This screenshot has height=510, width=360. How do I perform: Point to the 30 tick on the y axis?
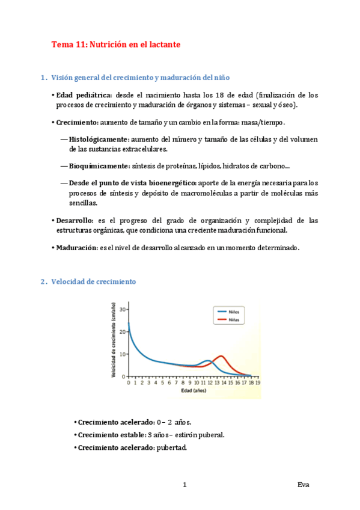pos(123,309)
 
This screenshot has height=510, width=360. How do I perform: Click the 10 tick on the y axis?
pos(123,354)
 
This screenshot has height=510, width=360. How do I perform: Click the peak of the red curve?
pos(222,356)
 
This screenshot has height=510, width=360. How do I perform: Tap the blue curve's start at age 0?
pos(129,323)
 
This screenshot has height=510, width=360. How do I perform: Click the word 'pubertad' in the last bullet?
pos(172,447)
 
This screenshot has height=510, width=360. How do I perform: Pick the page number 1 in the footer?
pos(185,485)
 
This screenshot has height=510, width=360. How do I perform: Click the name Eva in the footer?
pos(304,485)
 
